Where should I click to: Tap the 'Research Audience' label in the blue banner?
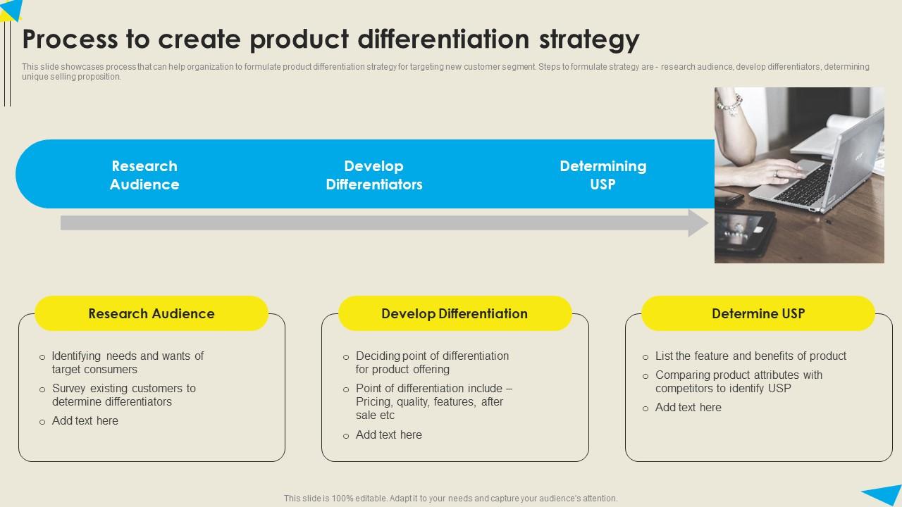[x=144, y=175]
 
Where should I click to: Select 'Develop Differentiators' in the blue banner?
[x=373, y=175]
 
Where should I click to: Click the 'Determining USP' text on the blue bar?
[x=603, y=175]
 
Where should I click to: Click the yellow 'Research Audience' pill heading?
[x=152, y=314]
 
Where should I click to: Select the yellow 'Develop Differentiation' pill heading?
[x=455, y=314]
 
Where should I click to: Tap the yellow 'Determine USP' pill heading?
[x=758, y=314]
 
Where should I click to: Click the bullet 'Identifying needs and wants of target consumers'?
[x=128, y=363]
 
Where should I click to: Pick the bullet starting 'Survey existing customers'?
[x=123, y=395]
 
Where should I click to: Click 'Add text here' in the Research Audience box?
[x=85, y=421]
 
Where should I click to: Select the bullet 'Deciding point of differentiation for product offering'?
[x=432, y=363]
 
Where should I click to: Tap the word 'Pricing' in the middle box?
[x=374, y=402]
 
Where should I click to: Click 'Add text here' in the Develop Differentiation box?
[x=389, y=435]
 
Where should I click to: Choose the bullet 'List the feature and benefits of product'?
[x=750, y=356]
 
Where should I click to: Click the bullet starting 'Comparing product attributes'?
[x=738, y=382]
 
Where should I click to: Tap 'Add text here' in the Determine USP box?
[x=688, y=408]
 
